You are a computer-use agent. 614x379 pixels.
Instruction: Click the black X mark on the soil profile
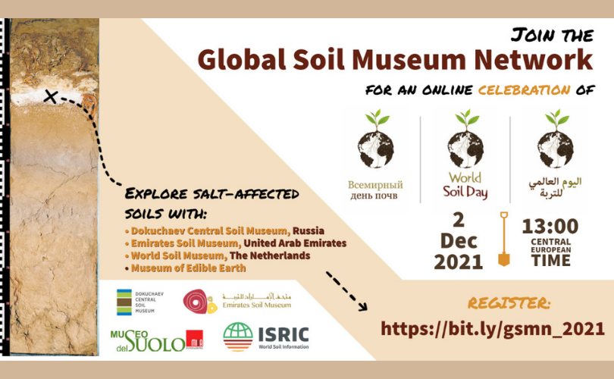[x=50, y=96]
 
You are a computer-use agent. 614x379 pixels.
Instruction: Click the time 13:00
[x=550, y=227]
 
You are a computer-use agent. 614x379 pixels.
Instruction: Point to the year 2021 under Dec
[x=459, y=262]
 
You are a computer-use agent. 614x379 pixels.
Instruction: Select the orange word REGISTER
[x=509, y=303]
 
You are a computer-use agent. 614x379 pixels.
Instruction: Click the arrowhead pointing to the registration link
[x=362, y=307]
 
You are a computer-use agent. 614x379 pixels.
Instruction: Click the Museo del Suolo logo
[x=157, y=340]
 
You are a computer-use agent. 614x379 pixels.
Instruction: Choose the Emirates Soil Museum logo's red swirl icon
[x=196, y=301]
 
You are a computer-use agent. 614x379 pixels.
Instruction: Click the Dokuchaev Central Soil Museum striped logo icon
[x=123, y=302]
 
